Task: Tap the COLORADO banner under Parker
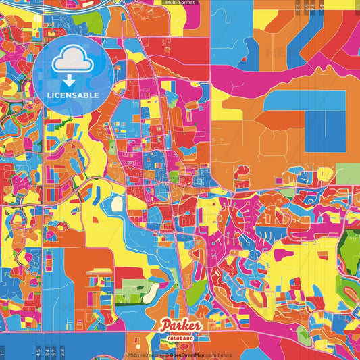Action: point(180,337)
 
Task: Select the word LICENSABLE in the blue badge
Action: point(72,94)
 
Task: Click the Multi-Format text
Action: point(180,3)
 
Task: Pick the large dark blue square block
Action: point(324,131)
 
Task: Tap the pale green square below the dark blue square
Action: point(347,174)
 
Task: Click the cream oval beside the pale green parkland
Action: point(151,291)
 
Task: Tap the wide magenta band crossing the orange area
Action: point(284,68)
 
